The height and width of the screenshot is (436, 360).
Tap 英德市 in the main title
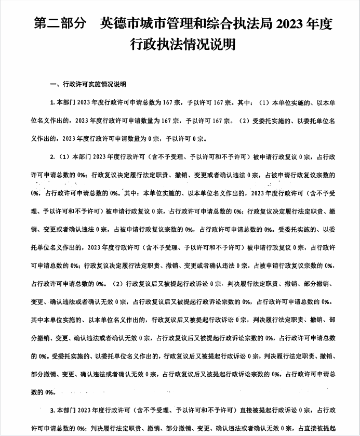[114, 24]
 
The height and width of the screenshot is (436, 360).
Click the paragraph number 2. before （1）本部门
[52, 156]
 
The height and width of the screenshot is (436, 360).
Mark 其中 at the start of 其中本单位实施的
[36, 320]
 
